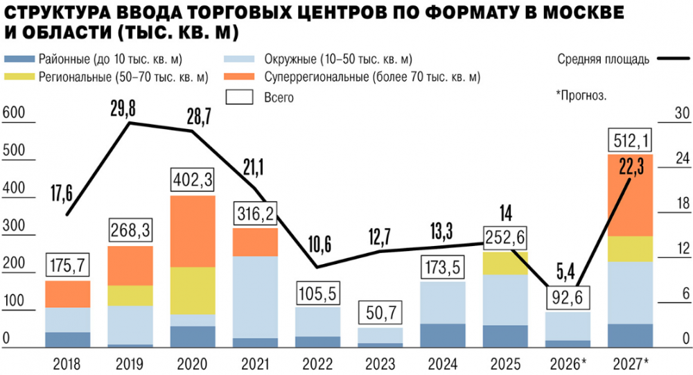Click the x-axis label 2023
pyautogui.click(x=380, y=363)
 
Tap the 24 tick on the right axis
pyautogui.click(x=682, y=158)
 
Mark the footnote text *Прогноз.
pyautogui.click(x=581, y=95)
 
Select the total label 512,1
pyautogui.click(x=630, y=141)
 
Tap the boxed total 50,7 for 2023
pyautogui.click(x=380, y=314)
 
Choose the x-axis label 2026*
pyautogui.click(x=567, y=363)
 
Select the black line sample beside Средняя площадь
pyautogui.click(x=672, y=60)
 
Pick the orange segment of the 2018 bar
pyautogui.click(x=67, y=294)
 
